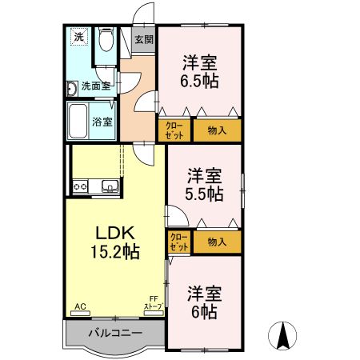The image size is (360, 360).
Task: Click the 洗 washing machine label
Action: [x=78, y=36]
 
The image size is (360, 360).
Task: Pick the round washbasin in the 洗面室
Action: [x=70, y=88]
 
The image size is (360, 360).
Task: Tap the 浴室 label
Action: [x=102, y=122]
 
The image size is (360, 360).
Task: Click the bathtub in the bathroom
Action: [x=78, y=122]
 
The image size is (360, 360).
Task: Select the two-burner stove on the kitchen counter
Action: [x=80, y=187]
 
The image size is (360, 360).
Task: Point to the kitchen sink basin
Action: [x=109, y=187]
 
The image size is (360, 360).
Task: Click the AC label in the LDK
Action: [x=79, y=306]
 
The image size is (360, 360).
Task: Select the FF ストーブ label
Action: [x=153, y=304]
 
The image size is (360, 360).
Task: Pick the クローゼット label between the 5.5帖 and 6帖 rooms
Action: [x=179, y=242]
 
